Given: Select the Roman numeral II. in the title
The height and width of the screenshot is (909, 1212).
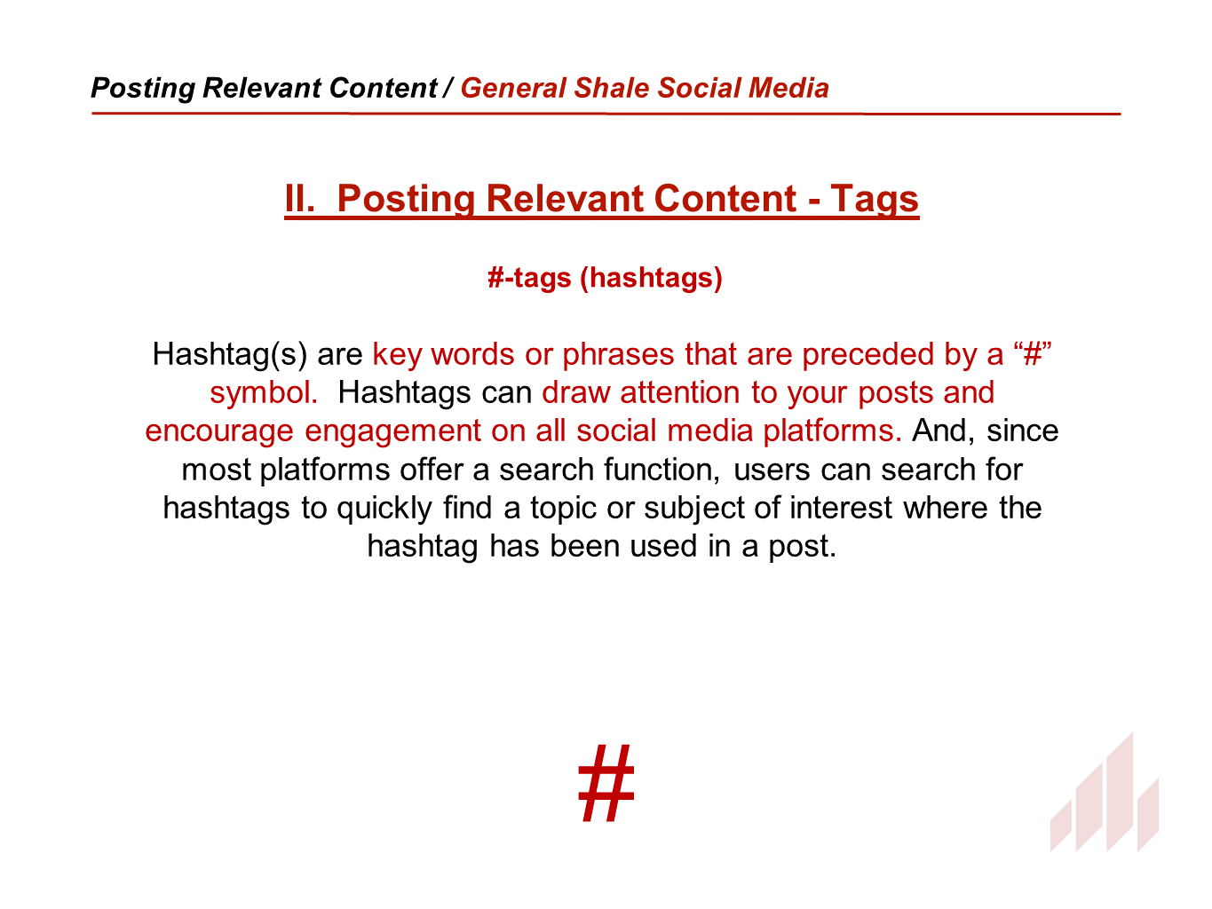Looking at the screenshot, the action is click(x=300, y=198).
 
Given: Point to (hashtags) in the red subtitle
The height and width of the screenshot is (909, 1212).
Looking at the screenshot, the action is click(x=651, y=278).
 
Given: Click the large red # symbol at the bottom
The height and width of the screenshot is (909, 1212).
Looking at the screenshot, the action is click(x=606, y=783).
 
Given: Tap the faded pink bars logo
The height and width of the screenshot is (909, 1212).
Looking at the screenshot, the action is click(x=1105, y=792).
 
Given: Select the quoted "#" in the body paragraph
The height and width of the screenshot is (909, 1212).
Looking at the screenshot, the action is click(x=1033, y=354).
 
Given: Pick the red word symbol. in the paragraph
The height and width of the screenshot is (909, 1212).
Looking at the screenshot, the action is click(x=264, y=392).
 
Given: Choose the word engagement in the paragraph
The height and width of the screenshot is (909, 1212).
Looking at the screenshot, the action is click(x=392, y=431).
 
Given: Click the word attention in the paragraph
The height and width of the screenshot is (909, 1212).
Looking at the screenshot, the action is click(x=680, y=392).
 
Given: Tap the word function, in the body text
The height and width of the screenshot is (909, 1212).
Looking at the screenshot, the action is click(x=661, y=470).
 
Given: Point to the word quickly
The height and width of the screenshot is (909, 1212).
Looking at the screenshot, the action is click(x=384, y=509).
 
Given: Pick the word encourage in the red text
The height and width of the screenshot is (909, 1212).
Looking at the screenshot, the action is click(x=219, y=431).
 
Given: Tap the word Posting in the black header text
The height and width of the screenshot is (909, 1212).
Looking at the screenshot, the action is click(x=143, y=88).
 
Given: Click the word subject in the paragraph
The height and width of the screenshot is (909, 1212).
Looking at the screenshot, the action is click(x=694, y=509).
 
